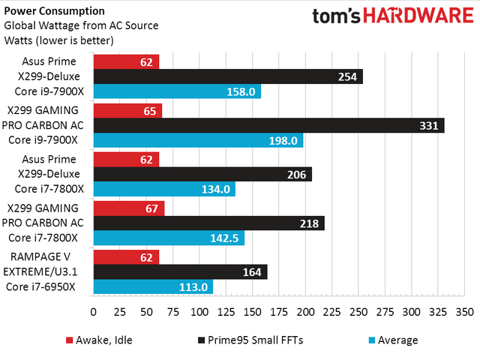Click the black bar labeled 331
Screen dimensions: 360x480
pos(268,125)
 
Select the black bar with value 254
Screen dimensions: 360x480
pos(228,76)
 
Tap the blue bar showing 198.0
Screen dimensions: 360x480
pos(198,140)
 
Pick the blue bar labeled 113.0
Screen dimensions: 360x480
pos(153,286)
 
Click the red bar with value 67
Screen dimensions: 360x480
pos(129,208)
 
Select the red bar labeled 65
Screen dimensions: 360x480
pos(127,110)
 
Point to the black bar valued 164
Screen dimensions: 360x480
pos(180,271)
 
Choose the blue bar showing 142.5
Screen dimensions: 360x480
pos(169,238)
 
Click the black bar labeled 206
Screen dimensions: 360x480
pos(202,174)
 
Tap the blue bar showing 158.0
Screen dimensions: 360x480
pos(177,91)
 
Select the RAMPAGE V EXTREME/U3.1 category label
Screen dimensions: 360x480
pos(45,271)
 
